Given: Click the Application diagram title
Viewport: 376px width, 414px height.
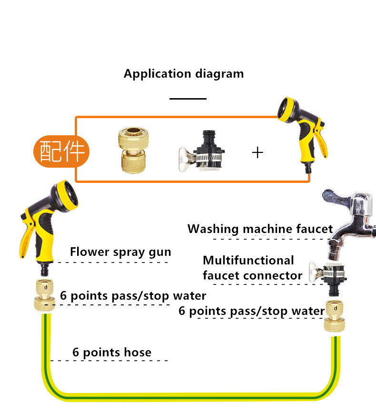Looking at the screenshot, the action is tap(184, 74).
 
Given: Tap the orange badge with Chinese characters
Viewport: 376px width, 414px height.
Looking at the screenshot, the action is tap(61, 151).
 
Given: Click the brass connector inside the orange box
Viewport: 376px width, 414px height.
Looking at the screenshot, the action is tap(133, 150).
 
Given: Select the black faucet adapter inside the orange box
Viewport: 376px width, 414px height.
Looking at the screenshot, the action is tap(202, 151).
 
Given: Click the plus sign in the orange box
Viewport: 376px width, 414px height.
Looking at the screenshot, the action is tap(257, 152).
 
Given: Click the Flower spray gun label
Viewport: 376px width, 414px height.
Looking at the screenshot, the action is tap(120, 252).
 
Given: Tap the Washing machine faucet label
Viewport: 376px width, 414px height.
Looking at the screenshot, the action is tap(260, 229).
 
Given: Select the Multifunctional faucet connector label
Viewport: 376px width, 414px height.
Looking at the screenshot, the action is tap(252, 268).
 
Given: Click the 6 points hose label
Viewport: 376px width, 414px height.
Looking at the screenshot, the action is tap(112, 352).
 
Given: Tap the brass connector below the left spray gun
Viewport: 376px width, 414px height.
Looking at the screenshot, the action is tap(45, 295).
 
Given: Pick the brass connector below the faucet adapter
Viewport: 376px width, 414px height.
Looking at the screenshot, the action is tap(334, 315).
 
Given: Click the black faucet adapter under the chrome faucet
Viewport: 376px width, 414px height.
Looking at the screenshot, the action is tap(328, 279).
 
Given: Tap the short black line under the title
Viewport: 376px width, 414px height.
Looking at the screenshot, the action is tap(188, 99).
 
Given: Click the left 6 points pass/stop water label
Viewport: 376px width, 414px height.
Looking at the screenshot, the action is tap(133, 296).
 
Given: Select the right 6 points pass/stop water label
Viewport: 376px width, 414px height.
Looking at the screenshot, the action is tap(251, 311).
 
